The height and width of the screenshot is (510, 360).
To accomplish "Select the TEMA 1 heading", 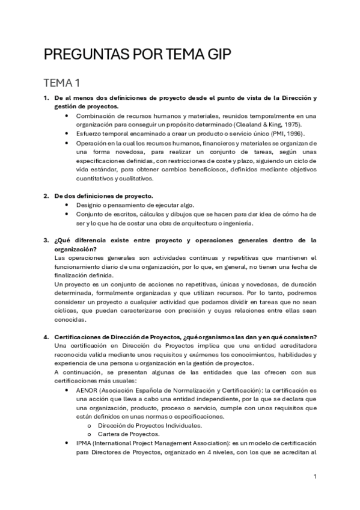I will click(x=64, y=83).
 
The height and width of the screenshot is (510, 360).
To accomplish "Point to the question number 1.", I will click(x=46, y=97).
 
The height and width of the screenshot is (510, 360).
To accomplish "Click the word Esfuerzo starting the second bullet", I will click(x=90, y=133).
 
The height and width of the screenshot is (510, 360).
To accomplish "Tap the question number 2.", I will click(x=46, y=196).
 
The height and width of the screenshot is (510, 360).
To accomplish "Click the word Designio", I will click(x=90, y=205).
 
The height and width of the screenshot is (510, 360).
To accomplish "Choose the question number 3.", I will click(x=46, y=241).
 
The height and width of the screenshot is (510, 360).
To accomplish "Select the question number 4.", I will click(x=46, y=336).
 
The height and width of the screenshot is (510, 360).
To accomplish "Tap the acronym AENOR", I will click(x=88, y=390).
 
